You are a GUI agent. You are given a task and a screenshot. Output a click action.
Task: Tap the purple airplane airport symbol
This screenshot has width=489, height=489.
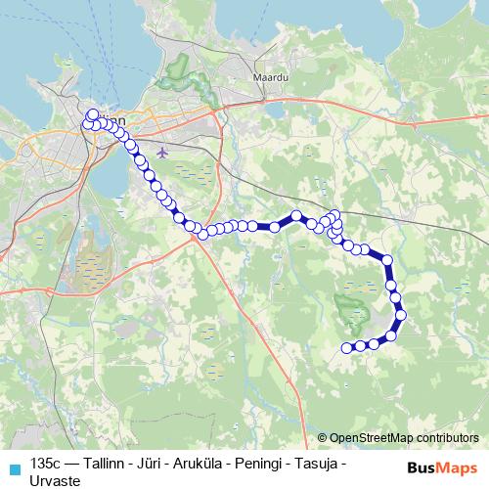pyautogui.click(x=160, y=152)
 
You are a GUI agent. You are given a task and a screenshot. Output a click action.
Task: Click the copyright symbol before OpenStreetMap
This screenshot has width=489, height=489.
pyautogui.click(x=322, y=437)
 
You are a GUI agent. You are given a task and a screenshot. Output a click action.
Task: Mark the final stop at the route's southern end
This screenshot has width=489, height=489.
pyautogui.click(x=346, y=347)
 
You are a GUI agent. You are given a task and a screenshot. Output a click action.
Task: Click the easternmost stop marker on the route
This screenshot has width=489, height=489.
pyautogui.click(x=399, y=314)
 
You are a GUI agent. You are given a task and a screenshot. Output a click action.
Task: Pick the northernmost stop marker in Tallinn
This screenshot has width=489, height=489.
pyautogui.click(x=92, y=113)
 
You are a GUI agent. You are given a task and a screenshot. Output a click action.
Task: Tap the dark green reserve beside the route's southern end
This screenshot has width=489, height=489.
pyautogui.click(x=349, y=311)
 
